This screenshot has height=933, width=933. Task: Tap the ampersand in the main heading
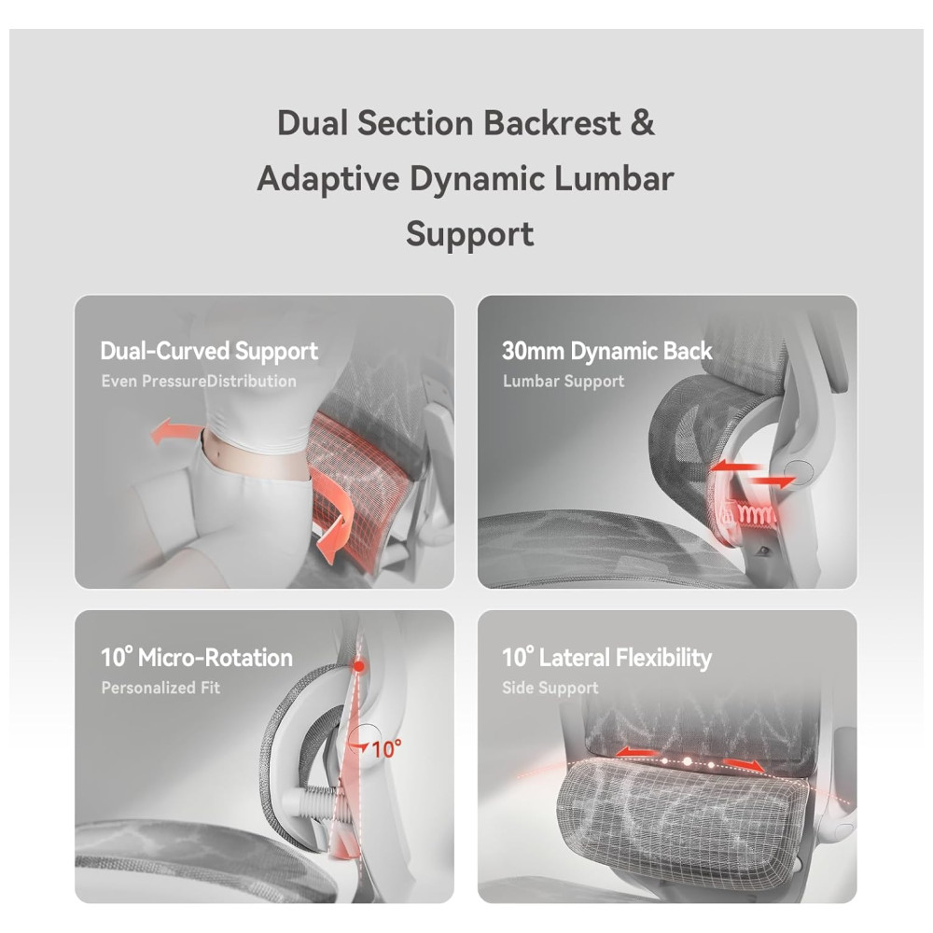point(642,123)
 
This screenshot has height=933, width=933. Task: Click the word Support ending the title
point(469,232)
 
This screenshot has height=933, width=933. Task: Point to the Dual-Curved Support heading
point(209,352)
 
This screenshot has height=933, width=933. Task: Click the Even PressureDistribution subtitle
point(198,382)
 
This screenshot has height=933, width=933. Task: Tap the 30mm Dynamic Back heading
point(606,352)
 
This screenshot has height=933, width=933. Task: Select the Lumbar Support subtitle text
point(563,382)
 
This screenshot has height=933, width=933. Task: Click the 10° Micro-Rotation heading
point(196,658)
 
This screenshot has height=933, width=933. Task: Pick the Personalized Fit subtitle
point(160,689)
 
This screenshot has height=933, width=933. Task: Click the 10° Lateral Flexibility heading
point(606,658)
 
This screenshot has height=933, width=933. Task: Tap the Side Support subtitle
point(550,689)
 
